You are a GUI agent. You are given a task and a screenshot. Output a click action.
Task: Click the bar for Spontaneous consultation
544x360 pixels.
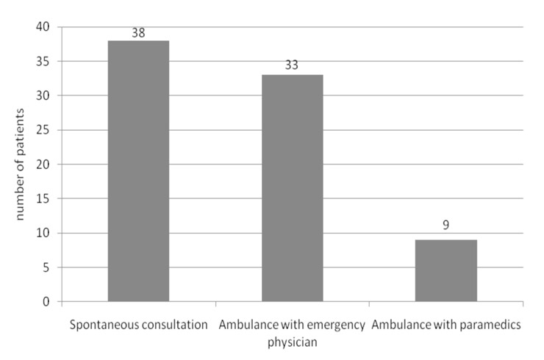pos(138,171)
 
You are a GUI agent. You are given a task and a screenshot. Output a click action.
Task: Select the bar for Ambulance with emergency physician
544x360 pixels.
pos(292,188)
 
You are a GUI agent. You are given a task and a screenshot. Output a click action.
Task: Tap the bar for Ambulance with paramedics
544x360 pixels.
pos(445,270)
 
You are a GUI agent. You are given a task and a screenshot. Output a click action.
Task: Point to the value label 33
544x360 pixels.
pos(293,66)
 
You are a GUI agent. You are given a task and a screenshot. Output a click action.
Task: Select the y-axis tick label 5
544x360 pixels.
pos(46,267)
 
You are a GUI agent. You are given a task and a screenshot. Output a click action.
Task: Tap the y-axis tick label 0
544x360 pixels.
pos(46,302)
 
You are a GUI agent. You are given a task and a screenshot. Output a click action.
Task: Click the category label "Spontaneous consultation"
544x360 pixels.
pos(138,324)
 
